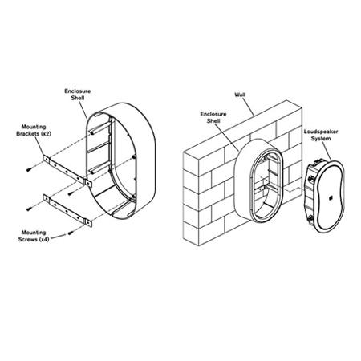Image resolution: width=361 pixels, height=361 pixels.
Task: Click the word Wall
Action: tap(240, 95)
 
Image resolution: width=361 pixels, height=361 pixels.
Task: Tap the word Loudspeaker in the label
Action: tap(321, 132)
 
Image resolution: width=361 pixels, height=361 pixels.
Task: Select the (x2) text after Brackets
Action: tap(45, 133)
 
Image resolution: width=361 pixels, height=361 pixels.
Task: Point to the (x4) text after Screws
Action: tap(44, 239)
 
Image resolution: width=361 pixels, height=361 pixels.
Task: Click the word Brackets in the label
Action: tap(27, 133)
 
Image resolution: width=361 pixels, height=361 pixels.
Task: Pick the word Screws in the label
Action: tap(28, 239)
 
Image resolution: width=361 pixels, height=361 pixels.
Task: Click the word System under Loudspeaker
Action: tap(321, 139)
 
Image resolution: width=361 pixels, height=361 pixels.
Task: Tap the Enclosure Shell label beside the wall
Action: tap(213, 117)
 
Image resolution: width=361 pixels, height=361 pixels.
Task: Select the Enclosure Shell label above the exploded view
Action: tap(78, 95)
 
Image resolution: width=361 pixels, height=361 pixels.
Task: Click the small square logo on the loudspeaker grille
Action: tap(330, 198)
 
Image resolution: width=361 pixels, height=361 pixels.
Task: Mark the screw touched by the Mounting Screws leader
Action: tap(71, 233)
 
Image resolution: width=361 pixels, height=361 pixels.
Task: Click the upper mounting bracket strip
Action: tap(67, 171)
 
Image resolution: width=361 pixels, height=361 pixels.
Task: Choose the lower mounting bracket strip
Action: tap(67, 211)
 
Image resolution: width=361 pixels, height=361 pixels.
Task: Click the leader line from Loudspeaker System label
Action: tap(326, 151)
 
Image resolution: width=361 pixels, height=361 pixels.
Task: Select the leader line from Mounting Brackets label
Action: tap(39, 146)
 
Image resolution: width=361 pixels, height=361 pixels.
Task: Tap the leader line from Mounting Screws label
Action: tap(58, 237)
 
